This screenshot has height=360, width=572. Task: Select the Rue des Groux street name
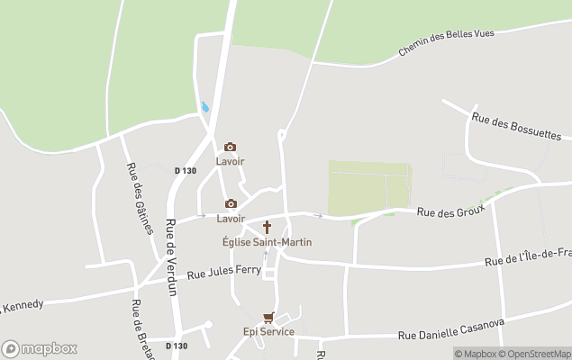[x=450, y=211]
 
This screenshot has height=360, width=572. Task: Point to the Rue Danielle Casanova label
[x=453, y=329]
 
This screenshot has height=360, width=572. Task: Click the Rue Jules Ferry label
[x=223, y=271]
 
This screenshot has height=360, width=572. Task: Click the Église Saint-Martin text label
[x=268, y=242]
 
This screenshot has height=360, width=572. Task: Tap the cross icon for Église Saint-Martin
[x=267, y=227]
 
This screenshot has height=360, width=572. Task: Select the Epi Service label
[x=268, y=332]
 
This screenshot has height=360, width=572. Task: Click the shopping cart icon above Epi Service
[x=268, y=318]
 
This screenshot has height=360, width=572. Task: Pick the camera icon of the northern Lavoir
[x=231, y=147]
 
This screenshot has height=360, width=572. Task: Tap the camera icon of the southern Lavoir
[x=231, y=203]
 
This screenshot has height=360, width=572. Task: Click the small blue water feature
[x=205, y=107]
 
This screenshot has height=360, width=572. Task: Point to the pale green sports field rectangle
[x=369, y=187]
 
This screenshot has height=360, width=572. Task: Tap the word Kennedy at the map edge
[x=23, y=306]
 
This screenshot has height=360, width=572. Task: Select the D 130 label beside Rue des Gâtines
[x=185, y=170]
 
